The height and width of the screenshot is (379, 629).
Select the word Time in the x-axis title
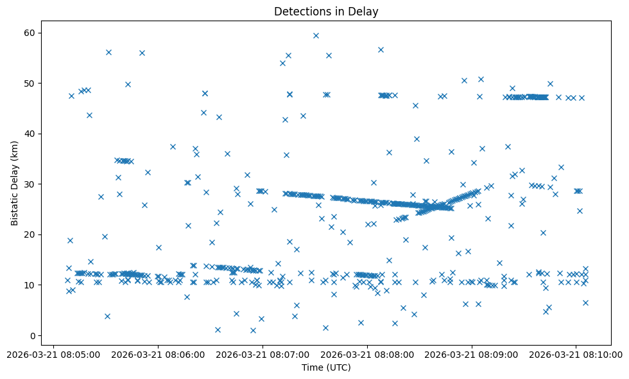pyautogui.click(x=312, y=367)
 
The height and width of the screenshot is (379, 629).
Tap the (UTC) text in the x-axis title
pyautogui.click(x=338, y=367)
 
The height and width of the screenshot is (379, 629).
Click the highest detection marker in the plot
pyautogui.click(x=316, y=35)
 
